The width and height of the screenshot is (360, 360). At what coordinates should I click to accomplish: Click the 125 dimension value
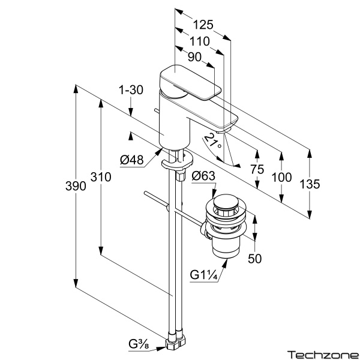[x=204, y=25]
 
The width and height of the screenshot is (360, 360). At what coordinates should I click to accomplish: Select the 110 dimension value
[x=199, y=41]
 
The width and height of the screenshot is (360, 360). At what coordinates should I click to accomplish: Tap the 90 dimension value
[x=194, y=57]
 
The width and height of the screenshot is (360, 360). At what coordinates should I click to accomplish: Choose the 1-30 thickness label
[x=131, y=91]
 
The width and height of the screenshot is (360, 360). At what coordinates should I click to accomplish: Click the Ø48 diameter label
[x=131, y=160]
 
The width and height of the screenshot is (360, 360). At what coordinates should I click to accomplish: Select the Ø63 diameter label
[x=203, y=176]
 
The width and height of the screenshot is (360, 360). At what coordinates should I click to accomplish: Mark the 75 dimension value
[x=257, y=170]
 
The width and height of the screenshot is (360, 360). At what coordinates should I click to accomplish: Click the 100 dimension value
[x=281, y=177]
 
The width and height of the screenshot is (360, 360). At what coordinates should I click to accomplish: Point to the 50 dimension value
[x=256, y=259]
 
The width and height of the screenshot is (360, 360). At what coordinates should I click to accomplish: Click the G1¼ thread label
[x=203, y=275]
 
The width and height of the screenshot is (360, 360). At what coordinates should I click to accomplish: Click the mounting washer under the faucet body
[x=178, y=161]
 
